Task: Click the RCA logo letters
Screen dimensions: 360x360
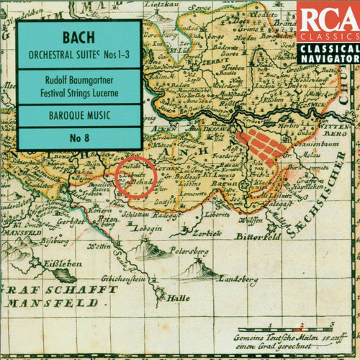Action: tap(324, 17)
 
